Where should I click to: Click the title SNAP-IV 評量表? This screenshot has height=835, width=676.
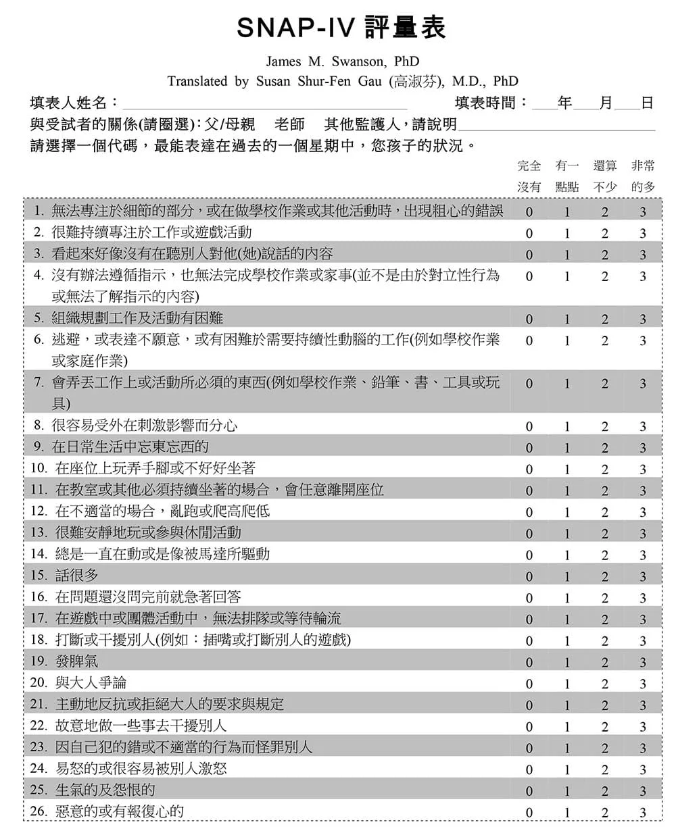tap(342, 29)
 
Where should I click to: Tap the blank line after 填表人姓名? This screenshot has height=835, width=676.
tap(264, 103)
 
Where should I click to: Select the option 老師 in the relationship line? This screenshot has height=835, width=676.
tap(290, 124)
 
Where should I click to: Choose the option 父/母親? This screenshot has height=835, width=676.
tap(231, 124)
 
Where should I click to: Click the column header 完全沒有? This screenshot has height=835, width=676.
tap(529, 176)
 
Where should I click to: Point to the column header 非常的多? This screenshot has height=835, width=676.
tap(643, 176)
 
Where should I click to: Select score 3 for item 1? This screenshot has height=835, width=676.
tap(643, 212)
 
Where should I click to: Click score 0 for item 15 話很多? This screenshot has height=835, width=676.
tap(529, 577)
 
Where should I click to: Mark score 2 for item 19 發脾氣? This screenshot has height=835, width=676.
tap(605, 663)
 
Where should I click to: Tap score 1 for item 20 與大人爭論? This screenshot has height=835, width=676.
tap(567, 684)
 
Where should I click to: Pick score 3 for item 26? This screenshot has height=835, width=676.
tap(643, 813)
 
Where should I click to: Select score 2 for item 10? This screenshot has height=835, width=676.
tap(605, 470)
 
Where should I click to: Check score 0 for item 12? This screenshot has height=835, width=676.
tap(529, 513)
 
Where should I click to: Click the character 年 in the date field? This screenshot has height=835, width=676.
tap(564, 103)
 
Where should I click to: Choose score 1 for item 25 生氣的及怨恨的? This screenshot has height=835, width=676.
tap(567, 791)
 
